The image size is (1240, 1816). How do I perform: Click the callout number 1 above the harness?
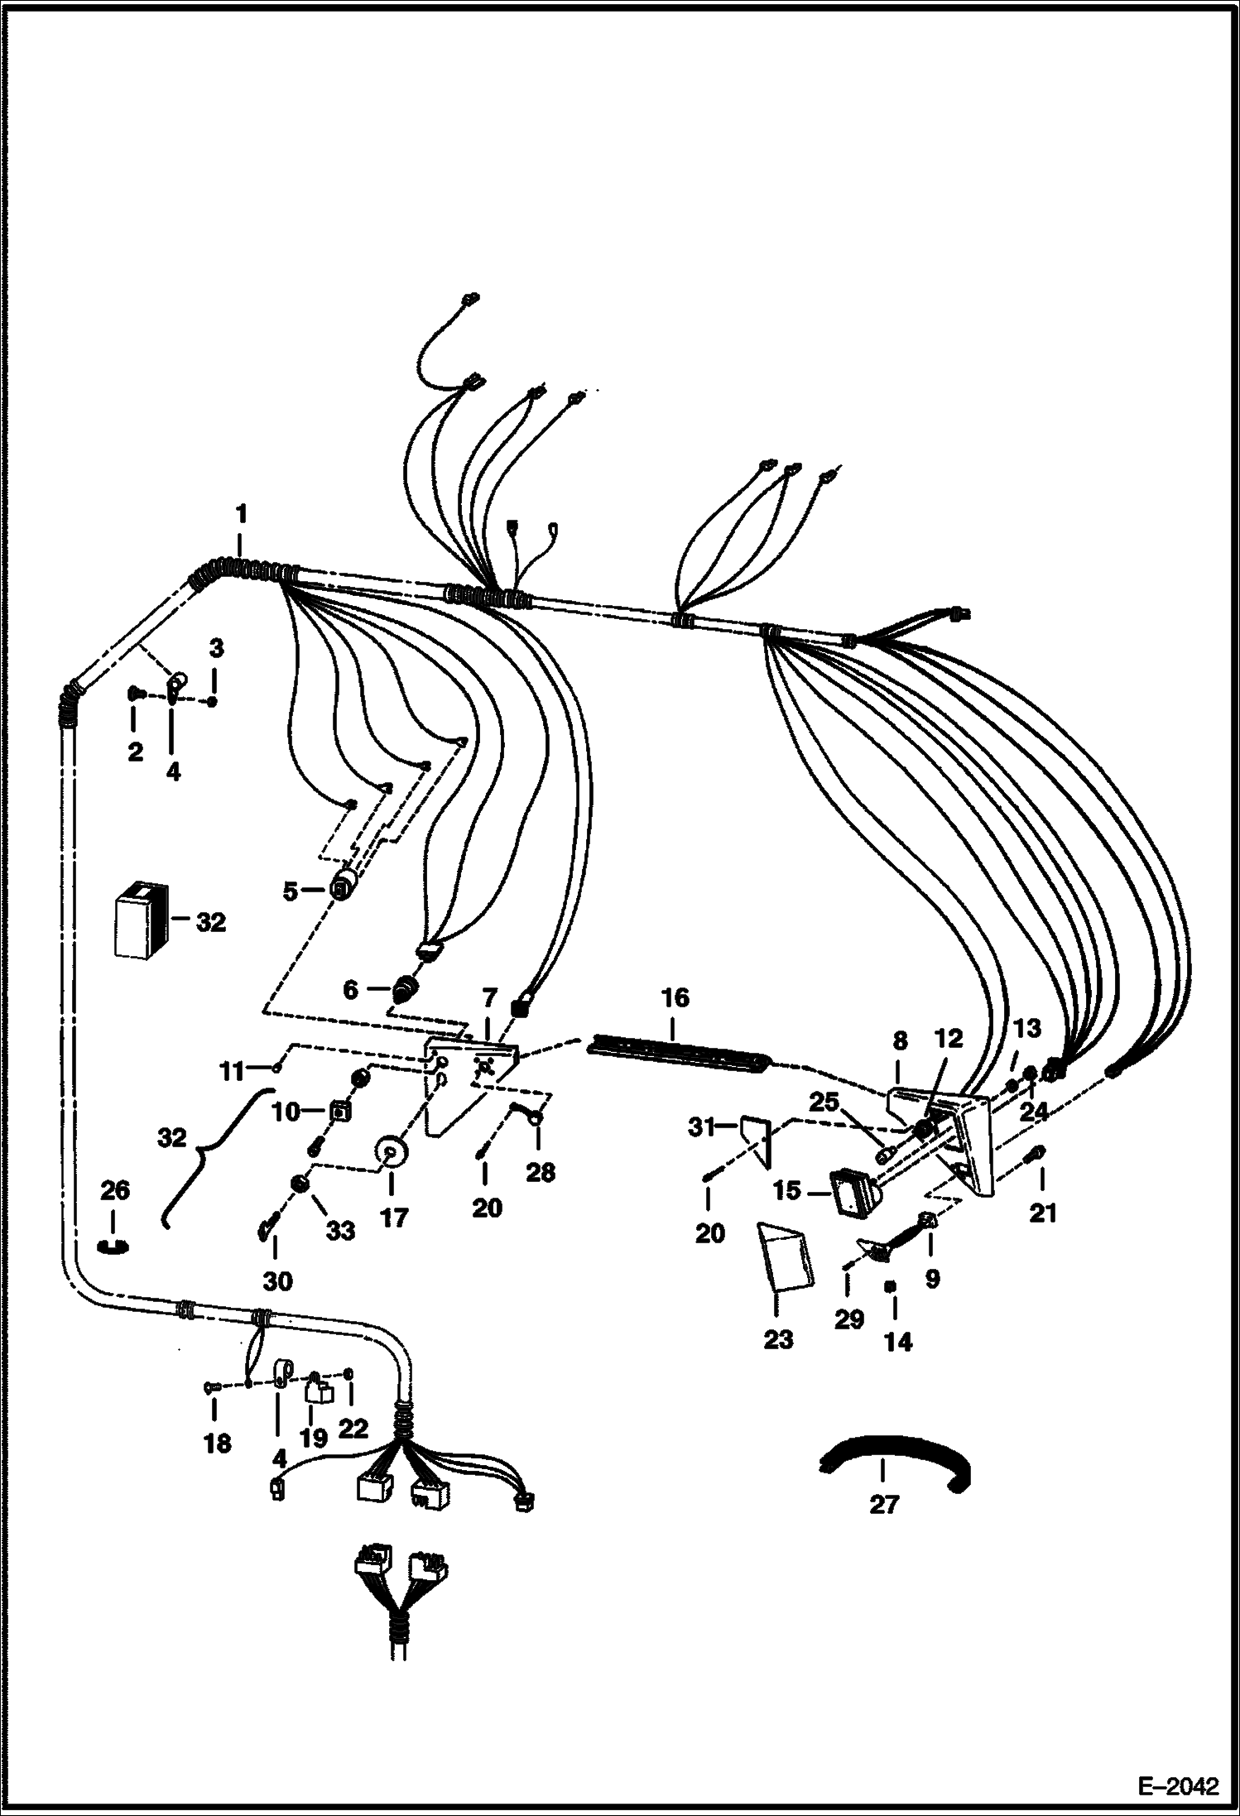[x=241, y=514]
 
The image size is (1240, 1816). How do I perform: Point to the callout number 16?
[x=675, y=997]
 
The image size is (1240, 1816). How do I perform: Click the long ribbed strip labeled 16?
[x=679, y=1050]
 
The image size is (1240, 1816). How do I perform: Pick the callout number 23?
[x=778, y=1339]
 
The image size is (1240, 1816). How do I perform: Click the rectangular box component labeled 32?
[x=141, y=920]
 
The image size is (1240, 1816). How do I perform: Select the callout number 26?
[x=115, y=1191]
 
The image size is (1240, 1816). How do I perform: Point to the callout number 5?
[x=290, y=891]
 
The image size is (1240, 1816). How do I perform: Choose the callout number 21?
[x=1043, y=1213]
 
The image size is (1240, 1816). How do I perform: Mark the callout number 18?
[x=217, y=1444]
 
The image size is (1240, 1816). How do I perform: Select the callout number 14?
[x=898, y=1342]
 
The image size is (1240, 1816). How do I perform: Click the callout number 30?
[x=277, y=1281]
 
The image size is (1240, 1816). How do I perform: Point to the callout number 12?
[x=949, y=1039]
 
